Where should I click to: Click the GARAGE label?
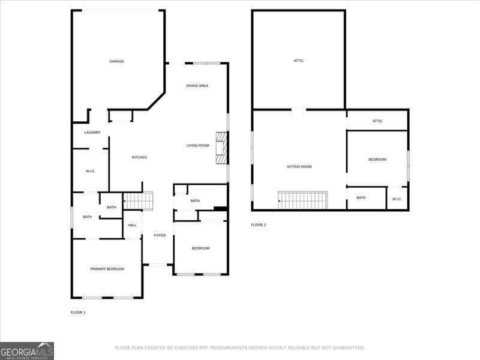tap(116, 61)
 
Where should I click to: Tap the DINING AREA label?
tap(197, 86)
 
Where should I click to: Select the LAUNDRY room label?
tap(92, 133)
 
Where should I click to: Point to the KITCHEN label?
tap(139, 157)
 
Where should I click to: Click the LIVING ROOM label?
tap(197, 145)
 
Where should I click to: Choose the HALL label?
tap(132, 225)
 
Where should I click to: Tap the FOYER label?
tap(159, 235)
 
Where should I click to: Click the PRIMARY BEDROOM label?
tap(107, 269)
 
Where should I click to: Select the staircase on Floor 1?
tap(138, 200)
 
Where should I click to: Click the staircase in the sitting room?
tap(303, 200)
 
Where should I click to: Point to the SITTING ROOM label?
tap(298, 166)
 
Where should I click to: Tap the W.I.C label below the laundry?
tap(90, 171)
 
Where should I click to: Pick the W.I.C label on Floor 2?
tap(397, 199)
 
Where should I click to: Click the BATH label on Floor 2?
tap(361, 197)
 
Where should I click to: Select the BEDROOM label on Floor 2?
tap(377, 159)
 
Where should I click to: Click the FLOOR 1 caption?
tap(78, 313)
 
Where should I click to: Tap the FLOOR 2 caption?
tap(258, 225)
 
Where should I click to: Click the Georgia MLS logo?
tap(27, 350)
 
